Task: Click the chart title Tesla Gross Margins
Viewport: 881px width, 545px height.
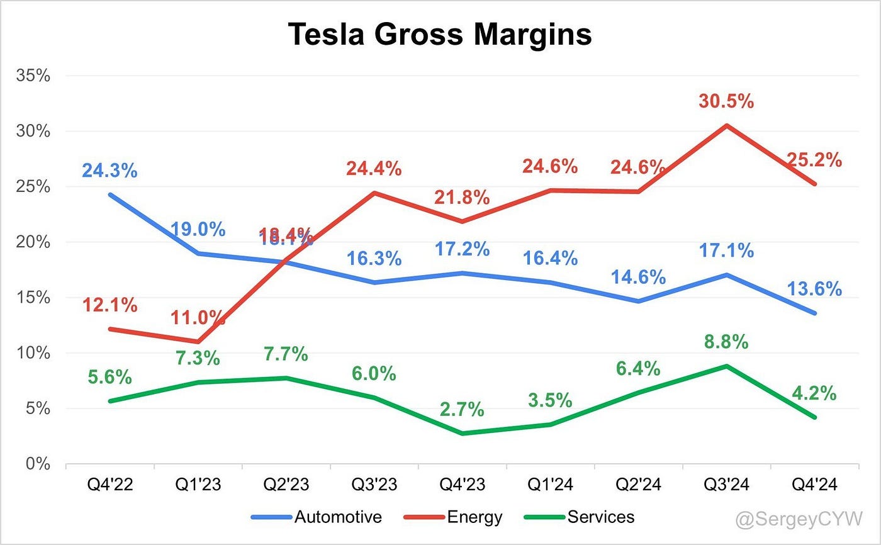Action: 440,35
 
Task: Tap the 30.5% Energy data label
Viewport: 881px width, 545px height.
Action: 727,101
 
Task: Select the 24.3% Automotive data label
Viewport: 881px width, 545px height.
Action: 109,171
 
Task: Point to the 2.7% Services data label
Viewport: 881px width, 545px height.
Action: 463,409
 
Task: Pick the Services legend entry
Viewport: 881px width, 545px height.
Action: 601,517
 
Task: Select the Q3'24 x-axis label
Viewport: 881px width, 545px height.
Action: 727,485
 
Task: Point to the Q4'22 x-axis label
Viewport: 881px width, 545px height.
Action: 109,485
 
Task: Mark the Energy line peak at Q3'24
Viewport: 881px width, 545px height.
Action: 727,125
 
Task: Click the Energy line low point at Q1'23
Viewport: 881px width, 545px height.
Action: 199,342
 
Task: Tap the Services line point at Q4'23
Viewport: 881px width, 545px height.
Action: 463,434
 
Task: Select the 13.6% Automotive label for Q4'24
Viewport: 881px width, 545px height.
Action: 814,289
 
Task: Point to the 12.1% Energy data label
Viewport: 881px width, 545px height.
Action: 109,305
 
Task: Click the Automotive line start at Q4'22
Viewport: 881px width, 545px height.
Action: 109,194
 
